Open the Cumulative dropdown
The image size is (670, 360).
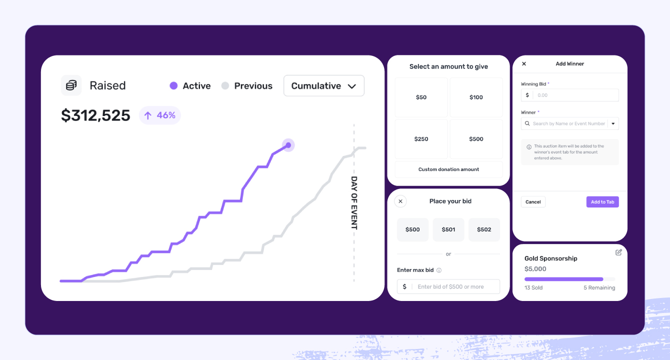pos(323,86)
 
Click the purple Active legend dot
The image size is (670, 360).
pos(173,85)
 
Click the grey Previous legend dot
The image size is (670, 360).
pos(225,85)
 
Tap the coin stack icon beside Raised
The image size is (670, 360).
pos(71,85)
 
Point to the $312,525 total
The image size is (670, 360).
pos(95,115)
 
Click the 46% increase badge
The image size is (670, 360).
pos(160,115)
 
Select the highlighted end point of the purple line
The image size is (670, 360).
pos(288,145)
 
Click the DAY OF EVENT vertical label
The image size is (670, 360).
pos(354,202)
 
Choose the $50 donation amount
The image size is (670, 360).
pos(421,97)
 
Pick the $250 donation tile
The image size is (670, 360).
pos(421,139)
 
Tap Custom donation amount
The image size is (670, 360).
pos(448,169)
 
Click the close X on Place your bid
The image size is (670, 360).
pos(400,201)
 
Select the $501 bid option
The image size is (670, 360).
pos(448,229)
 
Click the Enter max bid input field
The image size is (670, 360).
pos(455,286)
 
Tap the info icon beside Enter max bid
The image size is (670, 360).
pos(439,270)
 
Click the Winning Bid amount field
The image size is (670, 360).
pos(575,95)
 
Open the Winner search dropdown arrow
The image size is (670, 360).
pos(613,123)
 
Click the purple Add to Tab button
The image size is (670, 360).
pos(602,202)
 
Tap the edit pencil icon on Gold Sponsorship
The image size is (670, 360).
pos(618,252)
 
